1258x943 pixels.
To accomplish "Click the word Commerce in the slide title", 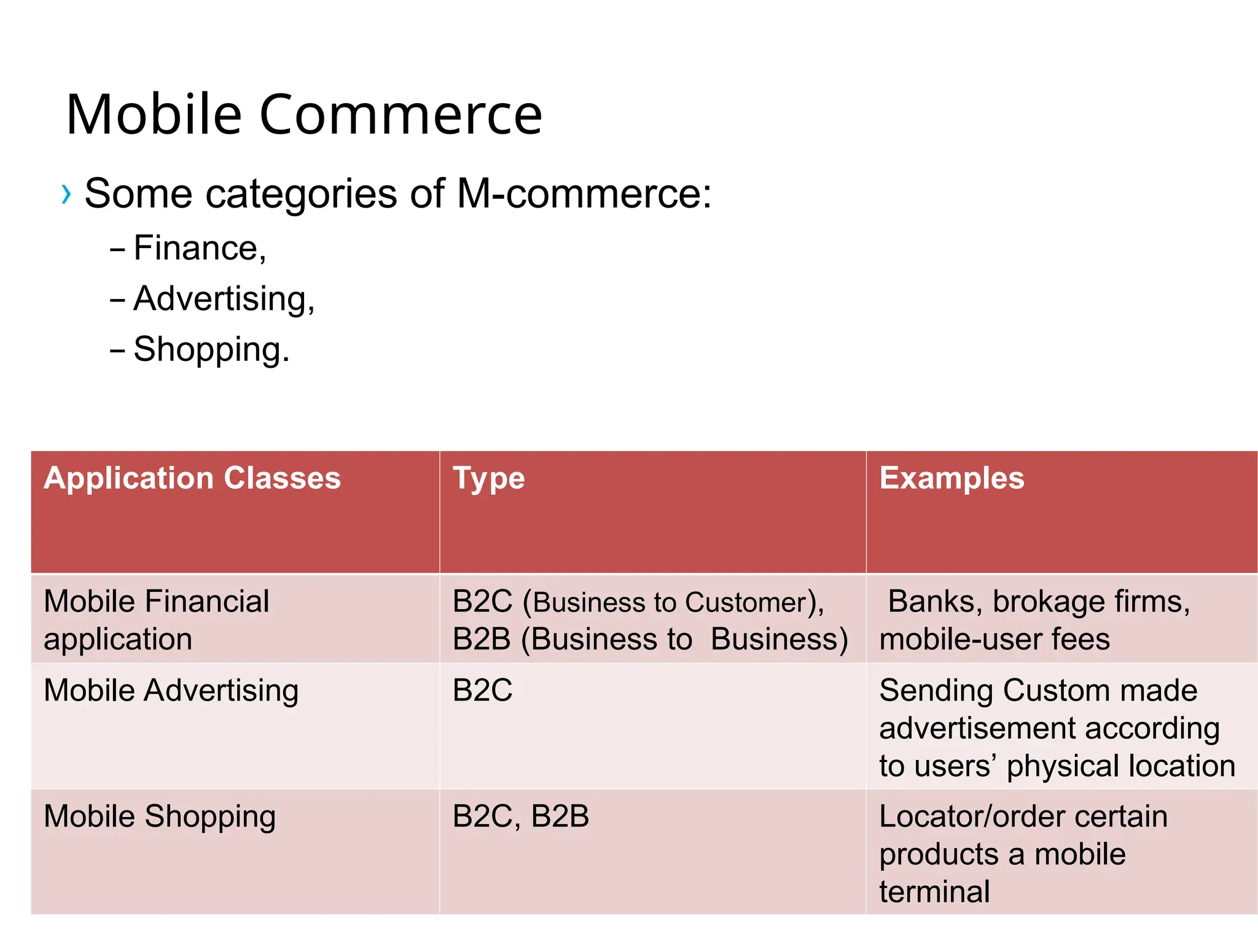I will pos(400,115).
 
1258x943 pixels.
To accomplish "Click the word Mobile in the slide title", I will pos(154,115).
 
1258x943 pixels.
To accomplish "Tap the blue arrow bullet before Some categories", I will pos(66,195).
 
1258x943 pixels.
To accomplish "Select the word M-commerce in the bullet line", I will pos(584,194).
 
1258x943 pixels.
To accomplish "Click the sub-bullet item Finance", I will pos(199,248).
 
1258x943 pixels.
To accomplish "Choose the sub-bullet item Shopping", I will pos(211,349).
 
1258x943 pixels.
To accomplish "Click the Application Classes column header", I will pos(192,478).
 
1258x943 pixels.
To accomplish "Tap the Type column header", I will pos(488,478).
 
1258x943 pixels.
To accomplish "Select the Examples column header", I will pos(951,478).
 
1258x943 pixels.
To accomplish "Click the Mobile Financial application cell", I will pos(156,619).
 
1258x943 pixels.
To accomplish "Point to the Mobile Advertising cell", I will pos(171,691).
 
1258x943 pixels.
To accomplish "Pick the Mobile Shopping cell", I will pos(160,817).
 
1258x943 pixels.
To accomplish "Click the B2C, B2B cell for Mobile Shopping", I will pos(520,817).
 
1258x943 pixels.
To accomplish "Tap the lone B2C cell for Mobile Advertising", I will pos(482,691).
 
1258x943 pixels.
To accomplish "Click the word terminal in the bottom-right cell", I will pos(934,892).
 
